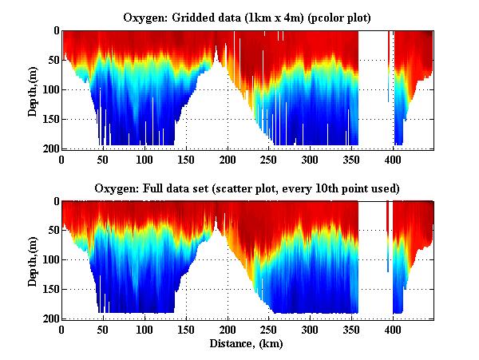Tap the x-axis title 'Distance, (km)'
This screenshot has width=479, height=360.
pyautogui.click(x=246, y=344)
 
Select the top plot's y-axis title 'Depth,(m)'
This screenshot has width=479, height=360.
pyautogui.click(x=33, y=90)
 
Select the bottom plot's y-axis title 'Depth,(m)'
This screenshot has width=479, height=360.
pyautogui.click(x=33, y=260)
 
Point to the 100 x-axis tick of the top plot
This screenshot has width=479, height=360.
pyautogui.click(x=144, y=159)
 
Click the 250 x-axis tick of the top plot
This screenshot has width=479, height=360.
pyautogui.click(x=268, y=159)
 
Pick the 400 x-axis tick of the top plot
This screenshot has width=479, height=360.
pyautogui.click(x=392, y=159)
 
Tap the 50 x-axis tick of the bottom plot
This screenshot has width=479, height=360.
pyautogui.click(x=103, y=329)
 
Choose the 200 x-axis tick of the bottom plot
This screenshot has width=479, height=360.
pyautogui.click(x=227, y=329)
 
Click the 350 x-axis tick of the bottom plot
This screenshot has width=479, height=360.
pyautogui.click(x=350, y=329)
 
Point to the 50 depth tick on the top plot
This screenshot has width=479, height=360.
pyautogui.click(x=52, y=60)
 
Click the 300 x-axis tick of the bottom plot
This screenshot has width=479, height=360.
pyautogui.click(x=309, y=329)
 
